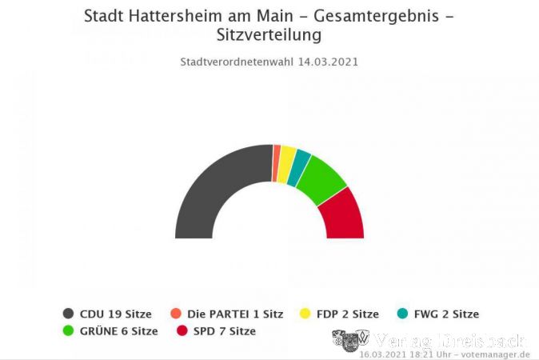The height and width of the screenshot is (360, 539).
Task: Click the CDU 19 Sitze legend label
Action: [117, 314]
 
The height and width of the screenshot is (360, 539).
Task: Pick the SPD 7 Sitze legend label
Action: [224, 330]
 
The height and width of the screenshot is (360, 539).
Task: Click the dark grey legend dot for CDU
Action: [69, 314]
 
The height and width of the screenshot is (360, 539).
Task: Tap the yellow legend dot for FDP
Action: [304, 314]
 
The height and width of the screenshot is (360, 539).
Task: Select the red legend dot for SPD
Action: [182, 330]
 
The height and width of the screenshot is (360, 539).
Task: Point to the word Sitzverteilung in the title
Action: [269, 36]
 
